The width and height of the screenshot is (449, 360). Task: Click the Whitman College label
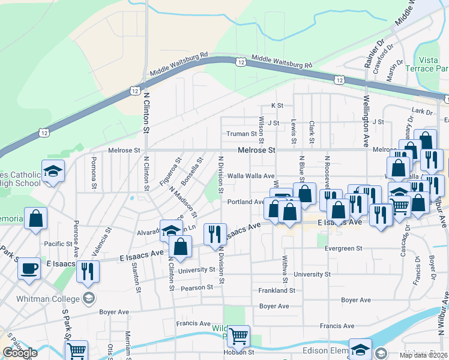pyautogui.click(x=58, y=299)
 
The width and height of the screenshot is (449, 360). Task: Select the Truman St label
pyautogui.click(x=241, y=134)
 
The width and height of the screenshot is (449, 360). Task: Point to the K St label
pyautogui.click(x=277, y=105)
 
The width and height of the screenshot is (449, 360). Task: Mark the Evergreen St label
pyautogui.click(x=343, y=248)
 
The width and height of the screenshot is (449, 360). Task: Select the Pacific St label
pyautogui.click(x=58, y=244)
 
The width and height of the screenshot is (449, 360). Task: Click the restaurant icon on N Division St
pyautogui.click(x=215, y=234)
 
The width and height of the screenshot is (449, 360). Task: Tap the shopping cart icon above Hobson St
pyautogui.click(x=239, y=337)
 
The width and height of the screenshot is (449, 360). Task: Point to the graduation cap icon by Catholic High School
pyautogui.click(x=53, y=172)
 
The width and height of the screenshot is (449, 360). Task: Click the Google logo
pyautogui.click(x=20, y=353)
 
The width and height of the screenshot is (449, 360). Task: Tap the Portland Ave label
pyautogui.click(x=246, y=202)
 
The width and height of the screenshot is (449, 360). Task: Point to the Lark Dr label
pyautogui.click(x=423, y=111)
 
